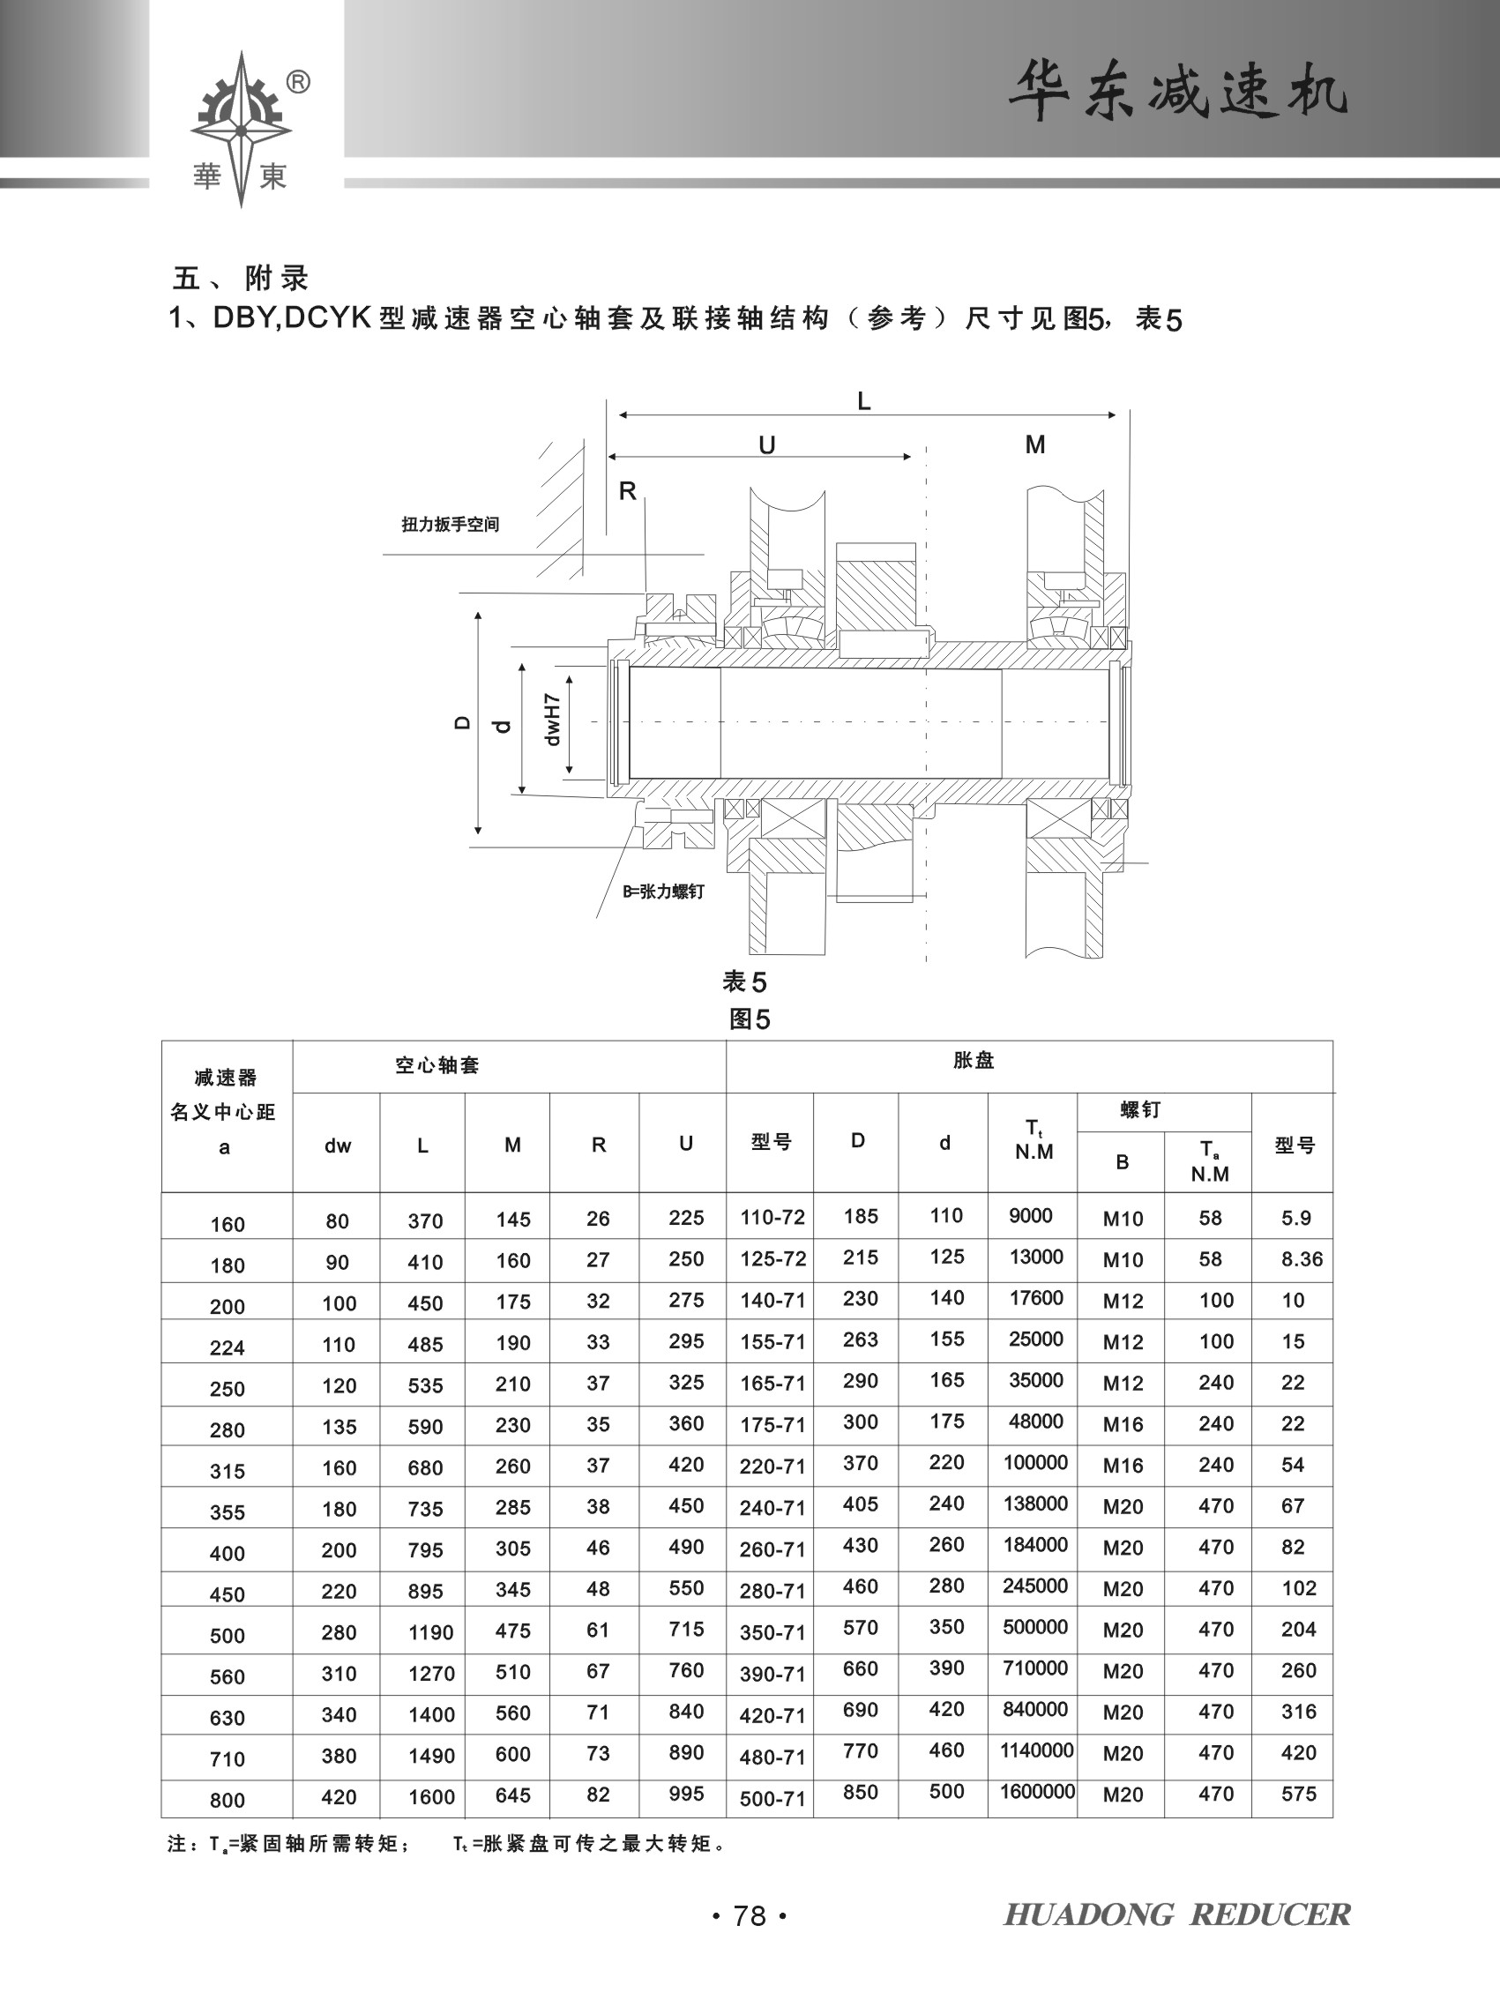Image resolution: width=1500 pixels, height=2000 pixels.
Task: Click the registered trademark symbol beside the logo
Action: tap(298, 82)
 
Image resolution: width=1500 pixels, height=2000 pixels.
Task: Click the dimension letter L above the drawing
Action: tap(864, 401)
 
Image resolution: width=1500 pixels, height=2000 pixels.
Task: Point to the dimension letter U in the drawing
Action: tap(766, 444)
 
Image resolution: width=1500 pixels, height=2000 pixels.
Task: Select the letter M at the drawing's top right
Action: tap(1035, 444)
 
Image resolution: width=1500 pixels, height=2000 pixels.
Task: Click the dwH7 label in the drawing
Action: tap(552, 720)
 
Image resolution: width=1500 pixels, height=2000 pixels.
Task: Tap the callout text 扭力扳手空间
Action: tap(451, 525)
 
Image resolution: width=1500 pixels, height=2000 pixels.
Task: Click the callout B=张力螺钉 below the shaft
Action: tap(663, 892)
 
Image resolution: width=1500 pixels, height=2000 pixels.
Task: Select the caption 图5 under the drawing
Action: tap(750, 1020)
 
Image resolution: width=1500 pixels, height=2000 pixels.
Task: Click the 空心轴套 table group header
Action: tap(437, 1065)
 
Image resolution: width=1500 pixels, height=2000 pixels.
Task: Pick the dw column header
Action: tap(337, 1146)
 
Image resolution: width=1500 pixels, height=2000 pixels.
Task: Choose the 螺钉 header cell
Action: tap(1141, 1110)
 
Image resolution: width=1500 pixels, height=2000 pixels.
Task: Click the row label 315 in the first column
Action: tap(227, 1471)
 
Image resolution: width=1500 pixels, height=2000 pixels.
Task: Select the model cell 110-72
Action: tap(772, 1217)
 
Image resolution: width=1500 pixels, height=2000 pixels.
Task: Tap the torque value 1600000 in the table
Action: tap(1037, 1791)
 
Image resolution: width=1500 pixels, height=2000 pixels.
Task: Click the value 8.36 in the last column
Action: tap(1302, 1258)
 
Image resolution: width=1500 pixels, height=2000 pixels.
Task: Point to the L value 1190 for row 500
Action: tap(430, 1632)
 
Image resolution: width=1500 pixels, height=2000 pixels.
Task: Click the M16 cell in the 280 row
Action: tap(1123, 1425)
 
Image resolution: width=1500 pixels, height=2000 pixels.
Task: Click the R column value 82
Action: tap(598, 1794)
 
